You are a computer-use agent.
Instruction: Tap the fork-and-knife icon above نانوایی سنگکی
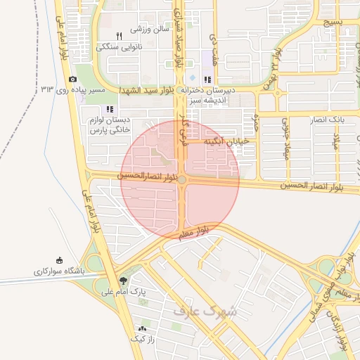click(x=119, y=36)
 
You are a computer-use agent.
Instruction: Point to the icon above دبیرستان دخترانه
click(x=207, y=79)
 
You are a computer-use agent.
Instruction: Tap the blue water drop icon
click(x=191, y=77)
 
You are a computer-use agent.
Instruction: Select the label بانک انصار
click(x=329, y=120)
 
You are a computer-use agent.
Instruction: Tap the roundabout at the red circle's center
click(x=182, y=181)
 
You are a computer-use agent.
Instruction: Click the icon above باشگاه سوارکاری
click(x=59, y=259)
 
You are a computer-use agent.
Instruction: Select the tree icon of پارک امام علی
click(x=124, y=279)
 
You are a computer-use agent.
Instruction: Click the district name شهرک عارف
click(x=205, y=309)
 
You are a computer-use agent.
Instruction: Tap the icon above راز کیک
click(x=143, y=328)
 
